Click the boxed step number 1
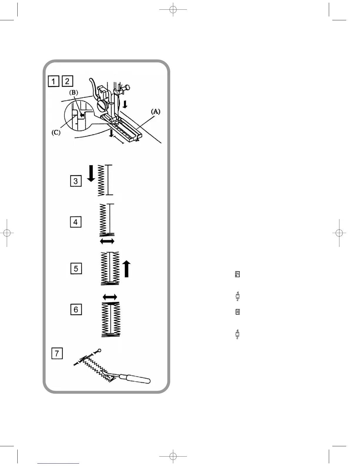coord(54,81)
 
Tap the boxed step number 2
coord(67,81)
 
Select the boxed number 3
coord(76,181)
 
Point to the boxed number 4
coord(76,222)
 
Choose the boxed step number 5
coord(76,268)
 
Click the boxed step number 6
coord(76,309)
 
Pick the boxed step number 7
coord(57,353)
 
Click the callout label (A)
coord(156,111)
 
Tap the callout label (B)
coord(74,92)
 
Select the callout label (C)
coord(56,132)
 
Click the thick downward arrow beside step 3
coord(91,173)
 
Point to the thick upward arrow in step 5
coord(126,269)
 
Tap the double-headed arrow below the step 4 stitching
coord(107,242)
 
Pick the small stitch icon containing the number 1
coord(237,274)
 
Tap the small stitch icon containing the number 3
coord(238,312)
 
